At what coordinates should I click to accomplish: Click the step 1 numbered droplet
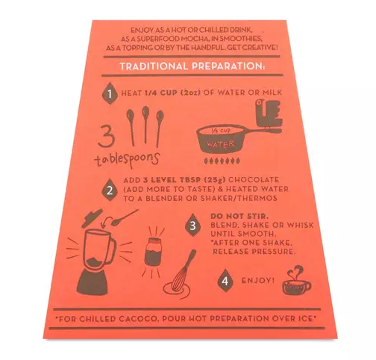[110, 93]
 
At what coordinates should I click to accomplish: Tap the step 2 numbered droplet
[110, 190]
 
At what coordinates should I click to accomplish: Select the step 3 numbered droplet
[193, 226]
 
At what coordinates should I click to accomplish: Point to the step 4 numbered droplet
[225, 281]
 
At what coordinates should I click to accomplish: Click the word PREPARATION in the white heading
[228, 66]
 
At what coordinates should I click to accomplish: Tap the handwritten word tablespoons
[127, 159]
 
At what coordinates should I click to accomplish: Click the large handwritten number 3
[107, 135]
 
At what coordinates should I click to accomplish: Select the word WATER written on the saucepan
[220, 144]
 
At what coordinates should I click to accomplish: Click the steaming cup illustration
[296, 282]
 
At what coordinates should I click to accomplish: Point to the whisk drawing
[180, 276]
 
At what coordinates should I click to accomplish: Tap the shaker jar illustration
[153, 252]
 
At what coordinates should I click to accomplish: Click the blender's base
[93, 282]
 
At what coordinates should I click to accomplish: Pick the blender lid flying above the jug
[92, 217]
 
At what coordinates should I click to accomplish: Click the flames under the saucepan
[222, 161]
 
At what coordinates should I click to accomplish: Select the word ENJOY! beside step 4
[258, 281]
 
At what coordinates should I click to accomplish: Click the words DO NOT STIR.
[239, 216]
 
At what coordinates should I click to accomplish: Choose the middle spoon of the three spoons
[145, 125]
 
